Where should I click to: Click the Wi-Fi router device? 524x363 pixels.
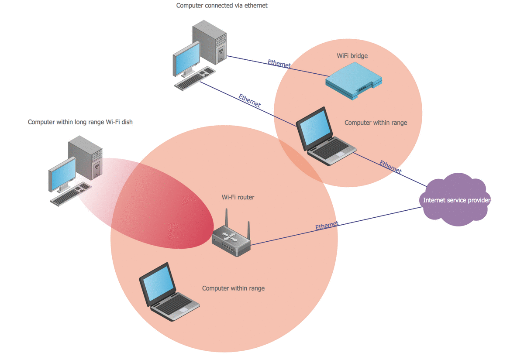(231, 242)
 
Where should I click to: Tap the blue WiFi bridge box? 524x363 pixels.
(354, 81)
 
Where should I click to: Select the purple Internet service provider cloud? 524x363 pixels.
(456, 200)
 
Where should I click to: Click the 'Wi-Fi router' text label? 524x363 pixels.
(238, 197)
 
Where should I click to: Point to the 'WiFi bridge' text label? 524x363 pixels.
(352, 56)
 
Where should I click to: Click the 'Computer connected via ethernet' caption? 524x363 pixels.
(222, 6)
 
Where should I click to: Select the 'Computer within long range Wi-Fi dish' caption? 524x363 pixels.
(80, 122)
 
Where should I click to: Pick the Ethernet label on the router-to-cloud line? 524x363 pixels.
(327, 226)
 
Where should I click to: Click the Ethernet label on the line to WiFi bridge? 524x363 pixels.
(279, 63)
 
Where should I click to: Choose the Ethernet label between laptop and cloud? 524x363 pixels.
(390, 167)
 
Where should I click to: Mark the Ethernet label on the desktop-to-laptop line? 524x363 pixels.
(250, 100)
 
